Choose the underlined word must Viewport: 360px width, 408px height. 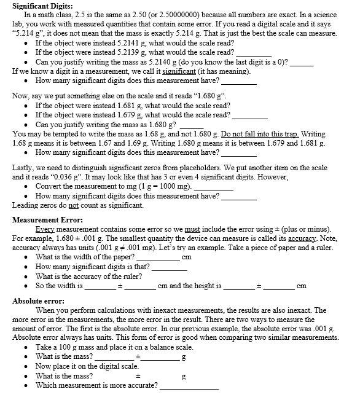click(x=183, y=229)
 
